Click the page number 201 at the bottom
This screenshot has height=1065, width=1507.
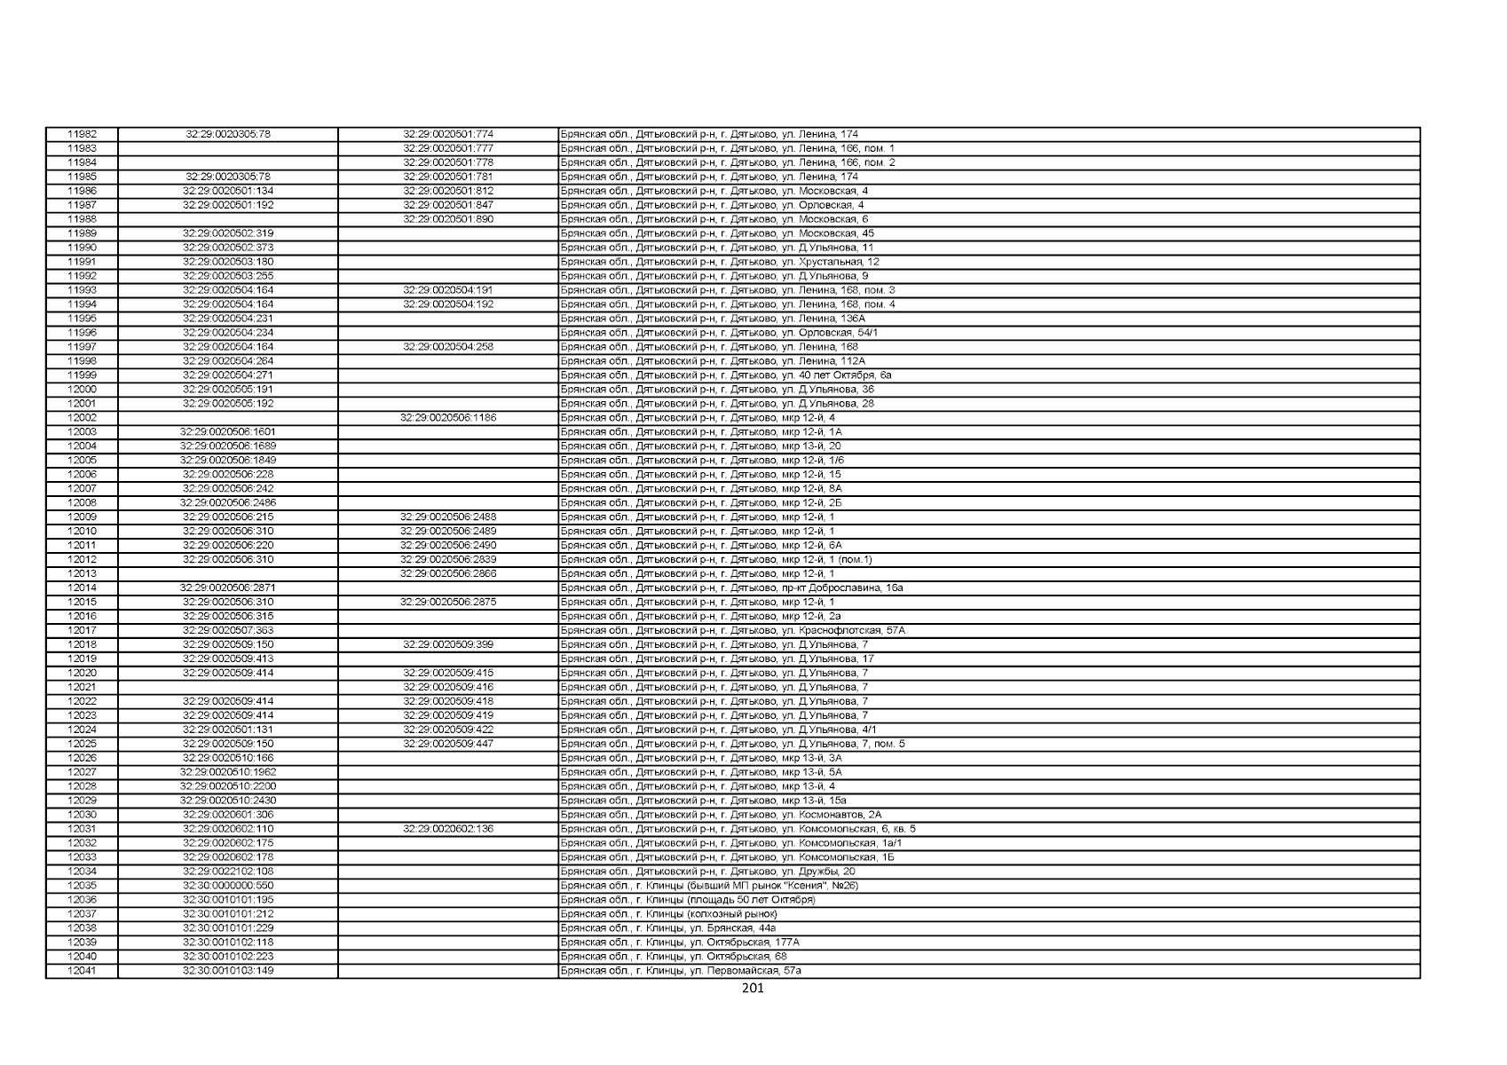coord(752,989)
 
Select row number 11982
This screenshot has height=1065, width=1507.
coord(82,135)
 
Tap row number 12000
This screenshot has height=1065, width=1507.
coord(82,390)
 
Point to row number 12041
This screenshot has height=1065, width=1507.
coord(82,971)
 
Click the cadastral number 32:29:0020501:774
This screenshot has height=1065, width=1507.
coord(448,135)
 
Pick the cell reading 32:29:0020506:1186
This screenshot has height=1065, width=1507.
coord(448,418)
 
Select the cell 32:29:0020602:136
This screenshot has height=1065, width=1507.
coord(448,829)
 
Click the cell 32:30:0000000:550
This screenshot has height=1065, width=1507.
coord(228,886)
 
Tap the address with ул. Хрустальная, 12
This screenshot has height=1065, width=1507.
coord(720,262)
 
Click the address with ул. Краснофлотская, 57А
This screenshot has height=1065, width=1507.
coord(733,630)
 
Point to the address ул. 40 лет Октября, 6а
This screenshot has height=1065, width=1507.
coord(726,375)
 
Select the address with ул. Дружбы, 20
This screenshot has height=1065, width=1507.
coord(707,872)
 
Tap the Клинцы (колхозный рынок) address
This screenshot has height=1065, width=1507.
coord(668,913)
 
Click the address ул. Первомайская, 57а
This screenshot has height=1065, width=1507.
coord(681,971)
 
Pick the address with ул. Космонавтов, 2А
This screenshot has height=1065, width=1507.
coord(722,815)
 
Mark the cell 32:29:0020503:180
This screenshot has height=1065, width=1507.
coord(228,262)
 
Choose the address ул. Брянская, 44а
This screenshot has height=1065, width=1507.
coord(668,928)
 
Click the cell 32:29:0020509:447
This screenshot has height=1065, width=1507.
coord(448,744)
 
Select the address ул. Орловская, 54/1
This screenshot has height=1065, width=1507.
coord(719,333)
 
